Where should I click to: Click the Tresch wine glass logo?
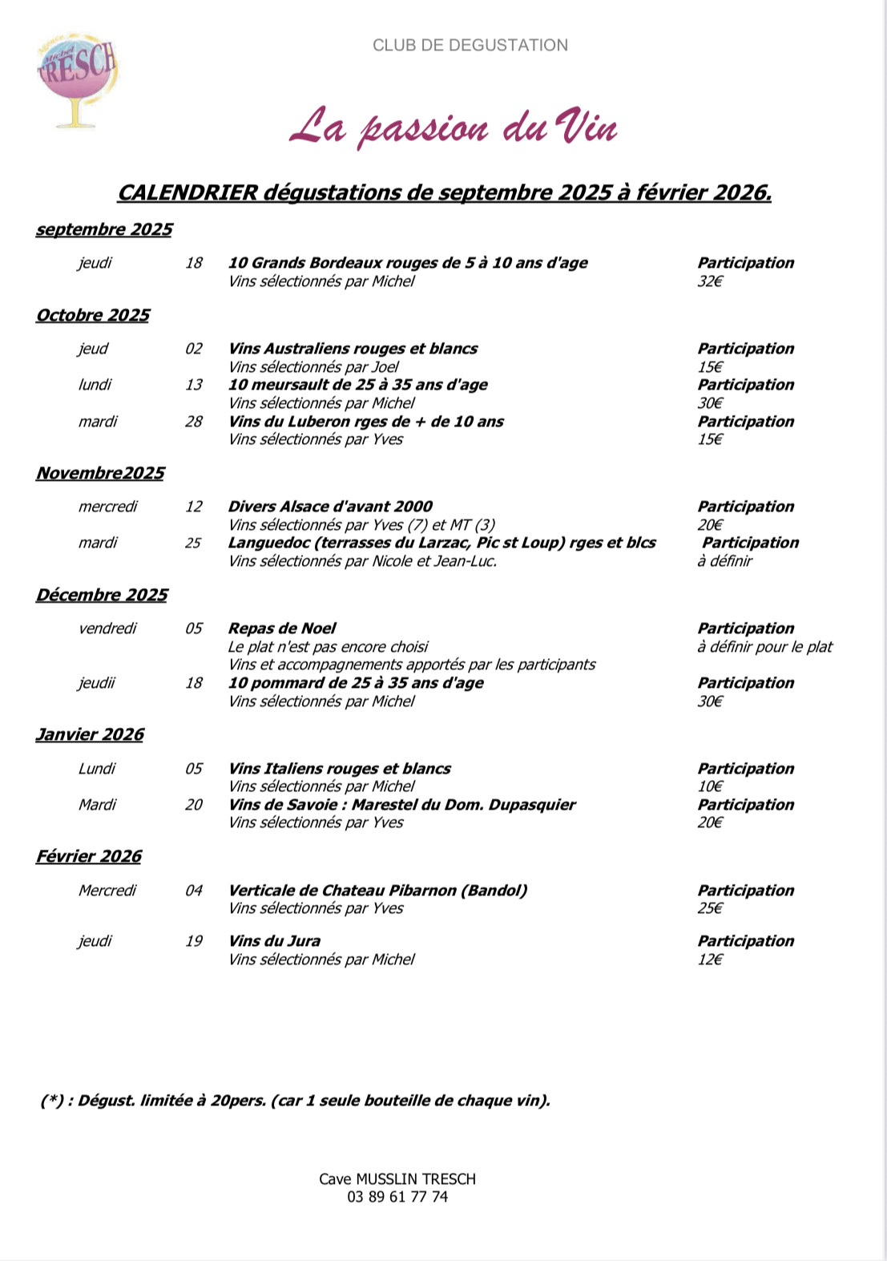pyautogui.click(x=77, y=79)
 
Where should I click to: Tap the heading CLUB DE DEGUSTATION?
pyautogui.click(x=470, y=46)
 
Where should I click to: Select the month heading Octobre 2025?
pyautogui.click(x=93, y=315)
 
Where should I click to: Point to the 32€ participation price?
pyautogui.click(x=710, y=281)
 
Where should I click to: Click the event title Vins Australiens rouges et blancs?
pyautogui.click(x=353, y=349)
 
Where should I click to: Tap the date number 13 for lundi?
pyautogui.click(x=194, y=385)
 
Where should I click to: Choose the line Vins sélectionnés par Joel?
pyautogui.click(x=313, y=367)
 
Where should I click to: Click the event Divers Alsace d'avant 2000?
pyautogui.click(x=330, y=507)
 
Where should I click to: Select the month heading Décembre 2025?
pyautogui.click(x=102, y=595)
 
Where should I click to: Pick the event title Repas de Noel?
pyautogui.click(x=282, y=628)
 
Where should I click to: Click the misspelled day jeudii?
pyautogui.click(x=97, y=683)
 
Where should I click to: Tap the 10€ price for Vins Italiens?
pyautogui.click(x=710, y=786)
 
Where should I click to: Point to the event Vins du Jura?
pyautogui.click(x=274, y=941)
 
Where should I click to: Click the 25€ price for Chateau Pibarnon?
pyautogui.click(x=710, y=908)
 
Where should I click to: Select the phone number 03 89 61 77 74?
pyautogui.click(x=397, y=1197)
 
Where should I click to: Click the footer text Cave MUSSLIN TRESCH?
pyautogui.click(x=397, y=1179)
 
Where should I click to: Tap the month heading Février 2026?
pyautogui.click(x=89, y=856)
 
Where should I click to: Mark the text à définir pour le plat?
pyautogui.click(x=764, y=647)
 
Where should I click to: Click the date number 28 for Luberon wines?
pyautogui.click(x=194, y=422)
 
